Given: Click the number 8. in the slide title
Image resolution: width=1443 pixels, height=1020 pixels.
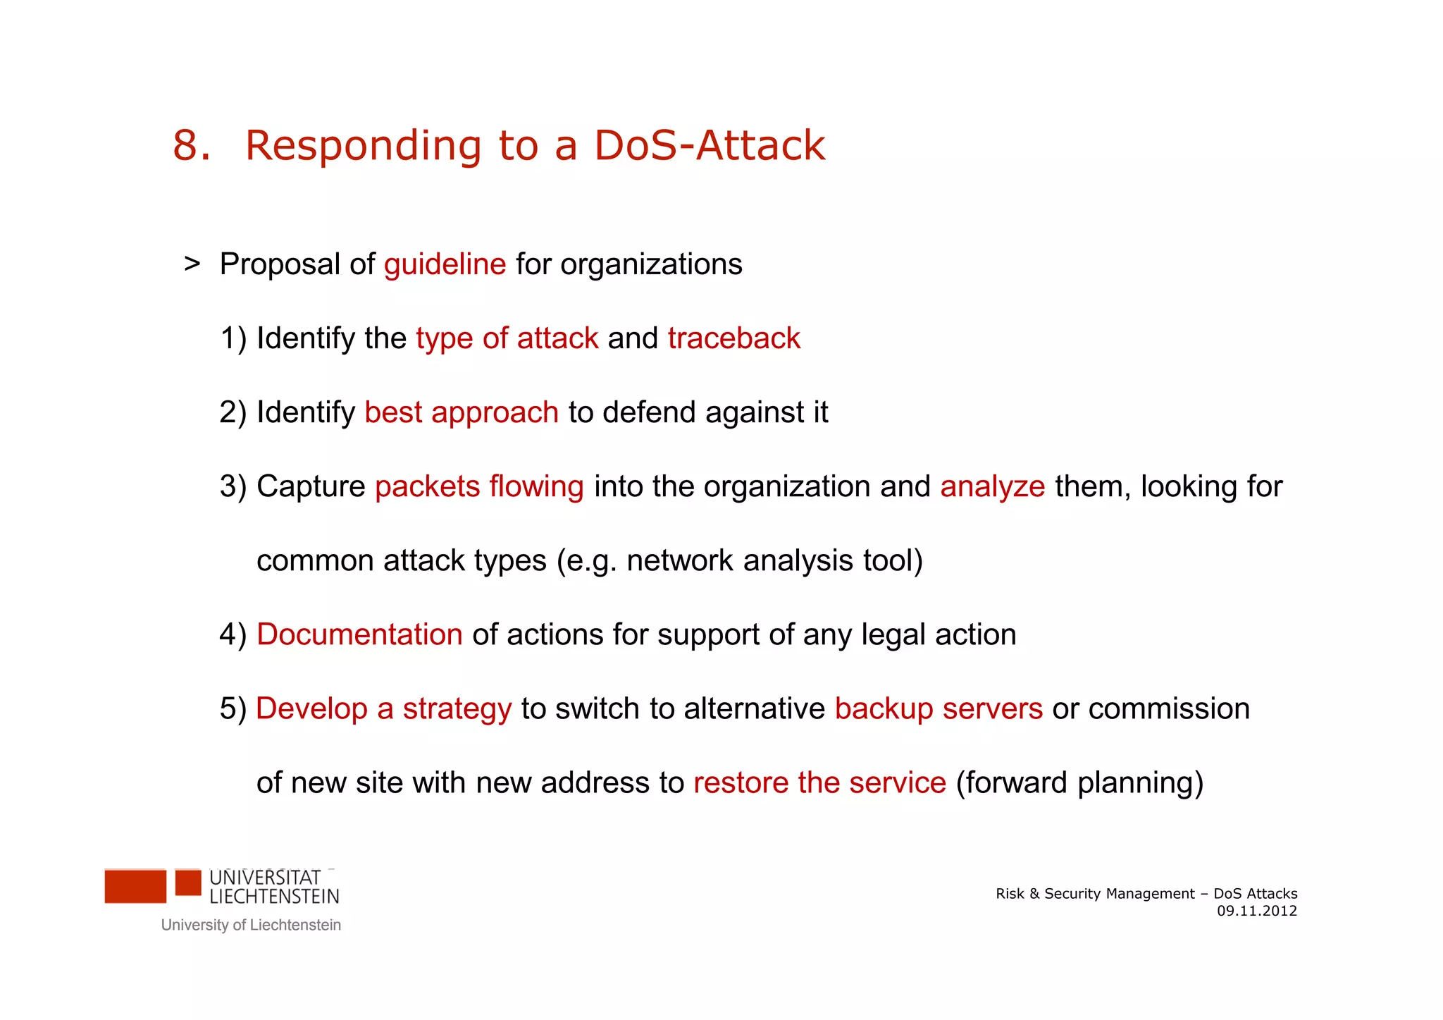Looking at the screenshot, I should (x=192, y=146).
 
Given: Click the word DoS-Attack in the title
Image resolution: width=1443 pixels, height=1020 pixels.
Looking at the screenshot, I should (x=709, y=146).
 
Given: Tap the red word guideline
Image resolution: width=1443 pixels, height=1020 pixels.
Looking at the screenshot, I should (x=445, y=264).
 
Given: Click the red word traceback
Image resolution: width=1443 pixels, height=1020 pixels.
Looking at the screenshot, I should (x=733, y=338).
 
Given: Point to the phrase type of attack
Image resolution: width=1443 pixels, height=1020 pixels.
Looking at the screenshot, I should (x=507, y=338).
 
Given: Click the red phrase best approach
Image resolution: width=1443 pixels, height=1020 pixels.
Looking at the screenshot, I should (x=462, y=412).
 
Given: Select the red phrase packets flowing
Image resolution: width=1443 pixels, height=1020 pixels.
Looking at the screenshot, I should (x=479, y=486).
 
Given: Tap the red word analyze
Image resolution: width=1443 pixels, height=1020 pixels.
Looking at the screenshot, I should (x=992, y=486).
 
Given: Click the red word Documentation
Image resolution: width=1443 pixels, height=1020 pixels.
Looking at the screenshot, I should (x=359, y=634).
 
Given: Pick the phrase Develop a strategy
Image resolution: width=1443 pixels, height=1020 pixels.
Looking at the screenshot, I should (x=383, y=708).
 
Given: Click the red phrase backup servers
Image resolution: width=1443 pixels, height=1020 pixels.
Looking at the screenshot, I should (x=938, y=708).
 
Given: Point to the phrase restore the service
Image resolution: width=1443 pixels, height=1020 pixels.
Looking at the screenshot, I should (x=819, y=782).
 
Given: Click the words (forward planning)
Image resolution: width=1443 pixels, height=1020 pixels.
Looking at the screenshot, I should (x=1079, y=782).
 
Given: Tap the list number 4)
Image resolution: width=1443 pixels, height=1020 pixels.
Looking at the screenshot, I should (x=233, y=634).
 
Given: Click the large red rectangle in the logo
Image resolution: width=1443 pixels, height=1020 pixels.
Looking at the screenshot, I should (x=135, y=886).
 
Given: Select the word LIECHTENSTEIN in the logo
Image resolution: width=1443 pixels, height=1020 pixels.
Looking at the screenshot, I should (x=274, y=897).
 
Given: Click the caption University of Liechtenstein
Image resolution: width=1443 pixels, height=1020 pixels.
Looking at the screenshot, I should (x=251, y=925).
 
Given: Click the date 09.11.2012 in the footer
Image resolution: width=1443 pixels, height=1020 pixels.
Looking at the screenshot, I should (x=1256, y=911).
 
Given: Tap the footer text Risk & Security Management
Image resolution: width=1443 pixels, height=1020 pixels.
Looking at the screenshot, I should (x=1095, y=894).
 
